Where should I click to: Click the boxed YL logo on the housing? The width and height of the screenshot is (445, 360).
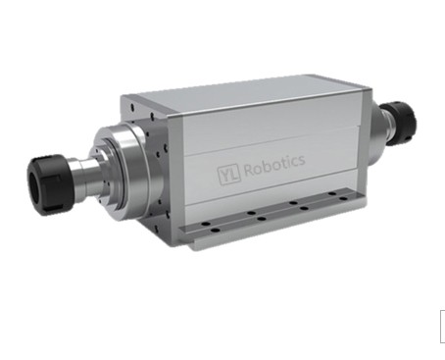[229, 175]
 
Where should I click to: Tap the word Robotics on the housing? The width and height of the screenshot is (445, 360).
[274, 165]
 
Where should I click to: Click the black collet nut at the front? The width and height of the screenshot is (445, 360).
[47, 184]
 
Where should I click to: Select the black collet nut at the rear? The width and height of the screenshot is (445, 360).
[402, 121]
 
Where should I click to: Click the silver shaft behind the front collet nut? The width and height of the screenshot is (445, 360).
[85, 176]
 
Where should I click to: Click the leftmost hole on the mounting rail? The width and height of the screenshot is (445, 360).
[206, 224]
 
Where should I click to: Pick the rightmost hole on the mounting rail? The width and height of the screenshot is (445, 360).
[343, 198]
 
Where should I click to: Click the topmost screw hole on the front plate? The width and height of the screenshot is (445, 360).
[132, 106]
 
